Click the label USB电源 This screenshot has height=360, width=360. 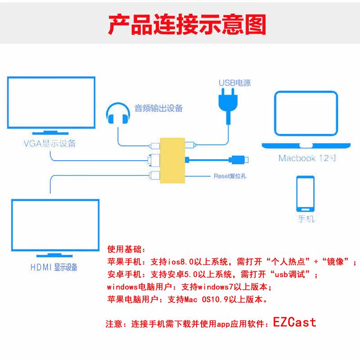click(x=234, y=83)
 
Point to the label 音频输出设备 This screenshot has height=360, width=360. click(x=158, y=108)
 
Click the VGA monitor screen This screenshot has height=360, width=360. click(x=51, y=103)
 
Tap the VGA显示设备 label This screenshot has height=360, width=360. click(x=50, y=144)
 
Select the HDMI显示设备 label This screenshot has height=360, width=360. click(x=54, y=267)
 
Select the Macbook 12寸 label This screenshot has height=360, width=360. click(x=308, y=158)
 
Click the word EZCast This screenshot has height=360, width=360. click(x=294, y=322)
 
